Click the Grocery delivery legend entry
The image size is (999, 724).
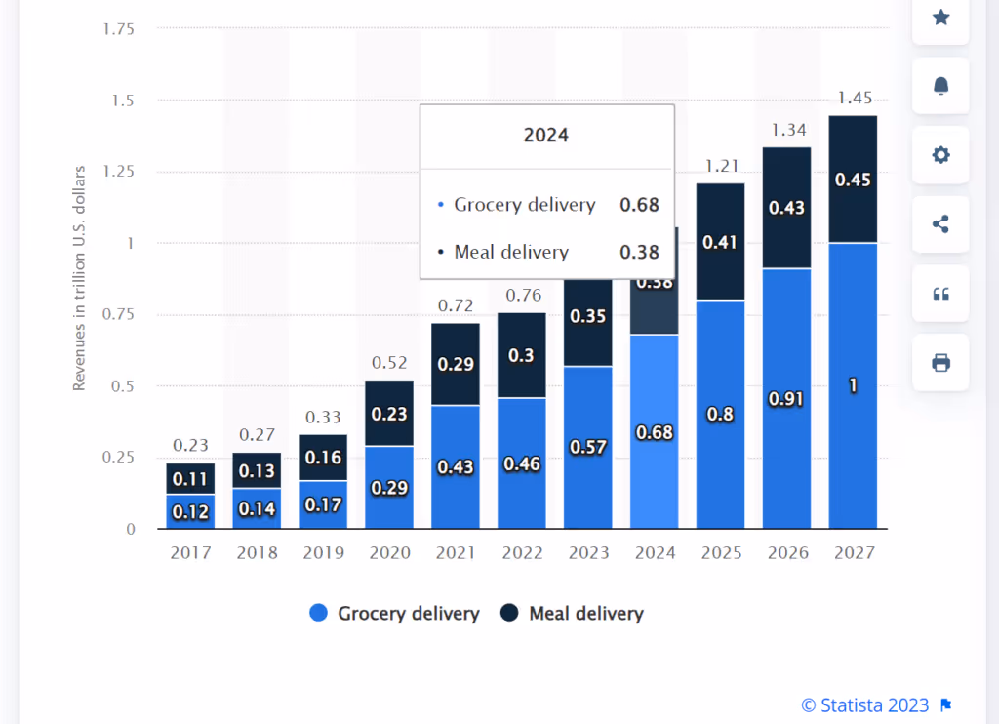point(394,614)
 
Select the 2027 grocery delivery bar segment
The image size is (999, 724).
point(853,385)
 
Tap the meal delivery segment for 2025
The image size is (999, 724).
point(720,242)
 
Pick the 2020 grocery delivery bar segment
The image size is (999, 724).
point(389,487)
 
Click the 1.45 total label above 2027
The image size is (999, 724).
point(855,98)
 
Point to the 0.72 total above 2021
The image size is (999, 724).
point(456,305)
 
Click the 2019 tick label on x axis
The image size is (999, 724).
point(323,553)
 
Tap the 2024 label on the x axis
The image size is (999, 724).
point(655,553)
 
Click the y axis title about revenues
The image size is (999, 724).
point(80,279)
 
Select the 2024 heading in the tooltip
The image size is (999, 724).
point(546,136)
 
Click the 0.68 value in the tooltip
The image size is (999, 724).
point(639,205)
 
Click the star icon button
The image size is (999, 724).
point(940,18)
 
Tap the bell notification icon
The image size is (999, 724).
point(940,86)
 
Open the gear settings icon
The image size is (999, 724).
point(940,155)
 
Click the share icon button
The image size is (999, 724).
point(940,224)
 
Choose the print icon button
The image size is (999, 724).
point(940,363)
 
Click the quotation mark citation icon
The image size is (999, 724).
point(940,294)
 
